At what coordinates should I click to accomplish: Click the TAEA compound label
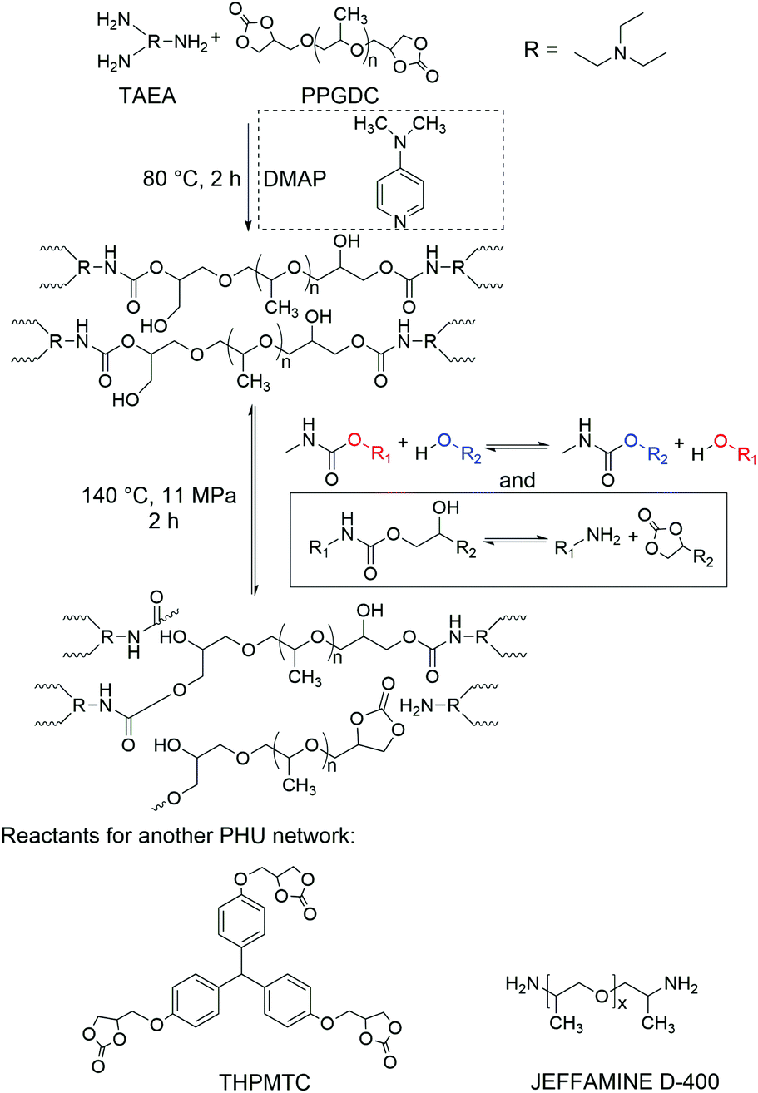tap(147, 96)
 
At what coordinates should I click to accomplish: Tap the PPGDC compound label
tap(339, 96)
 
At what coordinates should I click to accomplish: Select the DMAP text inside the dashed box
tap(295, 179)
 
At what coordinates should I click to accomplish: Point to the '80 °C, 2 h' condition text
tap(192, 179)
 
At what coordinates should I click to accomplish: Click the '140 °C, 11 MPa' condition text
tap(159, 496)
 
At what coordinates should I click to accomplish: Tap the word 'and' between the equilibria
tap(517, 480)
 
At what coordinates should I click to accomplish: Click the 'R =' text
tap(541, 49)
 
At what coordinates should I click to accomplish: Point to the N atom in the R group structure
tap(621, 52)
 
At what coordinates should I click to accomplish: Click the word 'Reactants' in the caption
tap(46, 836)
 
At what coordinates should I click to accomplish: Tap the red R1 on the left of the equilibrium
tap(381, 455)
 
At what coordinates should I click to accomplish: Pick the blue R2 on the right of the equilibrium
tap(657, 455)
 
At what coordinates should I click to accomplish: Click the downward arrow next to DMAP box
tap(248, 176)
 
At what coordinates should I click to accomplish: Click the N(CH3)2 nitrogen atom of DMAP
tap(400, 141)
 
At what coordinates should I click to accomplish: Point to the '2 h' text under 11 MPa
tap(164, 521)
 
